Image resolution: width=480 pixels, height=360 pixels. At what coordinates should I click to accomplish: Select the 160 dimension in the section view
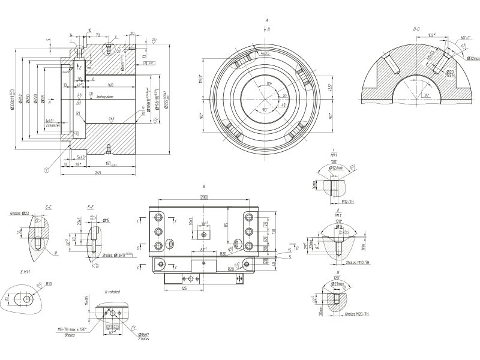(110, 84)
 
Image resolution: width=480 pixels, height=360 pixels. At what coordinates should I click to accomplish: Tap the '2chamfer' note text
(52, 125)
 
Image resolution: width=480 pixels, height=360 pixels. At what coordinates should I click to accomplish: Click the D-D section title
(416, 28)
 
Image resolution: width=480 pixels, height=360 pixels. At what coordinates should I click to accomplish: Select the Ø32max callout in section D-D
(472, 58)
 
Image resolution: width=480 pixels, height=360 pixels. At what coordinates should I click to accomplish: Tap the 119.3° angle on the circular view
(202, 79)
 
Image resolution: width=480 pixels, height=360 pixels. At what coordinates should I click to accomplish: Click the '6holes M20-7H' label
(356, 314)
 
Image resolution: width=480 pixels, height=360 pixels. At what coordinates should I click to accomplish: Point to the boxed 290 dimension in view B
(203, 197)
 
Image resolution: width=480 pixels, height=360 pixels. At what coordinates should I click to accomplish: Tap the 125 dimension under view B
(184, 289)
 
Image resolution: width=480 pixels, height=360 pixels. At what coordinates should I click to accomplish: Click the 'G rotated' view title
(112, 292)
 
